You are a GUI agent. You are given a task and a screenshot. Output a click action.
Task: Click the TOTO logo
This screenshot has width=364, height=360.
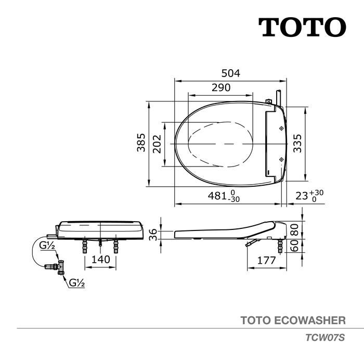(302, 27)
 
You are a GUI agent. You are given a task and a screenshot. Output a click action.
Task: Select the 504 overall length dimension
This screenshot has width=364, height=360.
(231, 73)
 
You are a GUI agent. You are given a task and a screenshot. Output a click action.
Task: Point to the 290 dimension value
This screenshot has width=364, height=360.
(221, 87)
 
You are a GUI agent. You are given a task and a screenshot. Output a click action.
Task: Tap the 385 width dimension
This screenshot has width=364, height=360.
(141, 143)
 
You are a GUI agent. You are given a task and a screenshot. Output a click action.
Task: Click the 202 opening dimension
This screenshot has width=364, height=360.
(157, 144)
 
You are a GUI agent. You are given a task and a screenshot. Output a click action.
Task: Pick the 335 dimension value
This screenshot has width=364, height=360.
(297, 143)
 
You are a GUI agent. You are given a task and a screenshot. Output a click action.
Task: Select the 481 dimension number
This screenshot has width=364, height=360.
(217, 196)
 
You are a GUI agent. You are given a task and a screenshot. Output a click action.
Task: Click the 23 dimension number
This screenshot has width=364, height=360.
(302, 196)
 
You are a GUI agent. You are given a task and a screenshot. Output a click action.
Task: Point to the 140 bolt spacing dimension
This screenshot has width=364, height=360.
(100, 260)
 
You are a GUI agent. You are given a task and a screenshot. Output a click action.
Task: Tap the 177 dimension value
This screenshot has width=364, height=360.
(266, 261)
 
